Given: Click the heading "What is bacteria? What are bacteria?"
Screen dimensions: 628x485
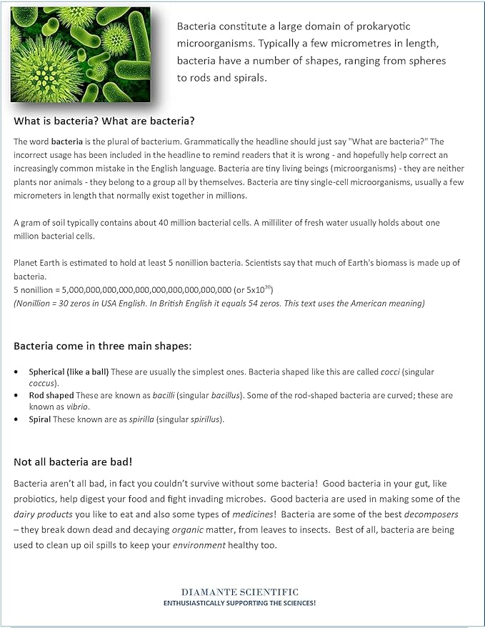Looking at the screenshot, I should tap(104, 120).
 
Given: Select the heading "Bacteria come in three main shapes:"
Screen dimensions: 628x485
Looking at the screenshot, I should tap(102, 347).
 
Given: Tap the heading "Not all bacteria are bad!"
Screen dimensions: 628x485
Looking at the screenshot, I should tap(73, 462).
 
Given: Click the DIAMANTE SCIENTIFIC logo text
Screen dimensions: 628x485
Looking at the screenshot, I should tap(240, 592).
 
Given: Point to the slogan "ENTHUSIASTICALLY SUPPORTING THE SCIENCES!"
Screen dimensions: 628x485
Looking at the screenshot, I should tap(240, 603).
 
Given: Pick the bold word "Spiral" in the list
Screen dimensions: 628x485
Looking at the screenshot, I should tap(39, 419).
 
